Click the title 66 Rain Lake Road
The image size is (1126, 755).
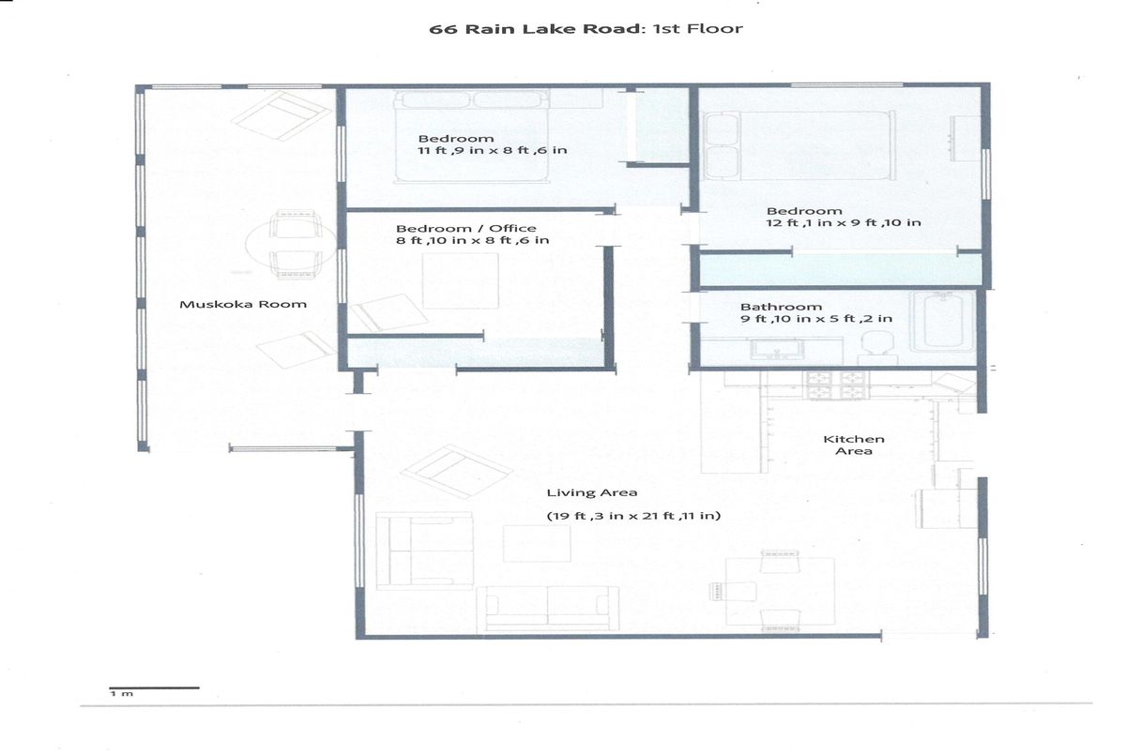pyautogui.click(x=535, y=29)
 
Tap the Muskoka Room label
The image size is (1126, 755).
pyautogui.click(x=243, y=304)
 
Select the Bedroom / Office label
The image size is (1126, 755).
pyautogui.click(x=466, y=228)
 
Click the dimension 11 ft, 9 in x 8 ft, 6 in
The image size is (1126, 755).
pyautogui.click(x=493, y=150)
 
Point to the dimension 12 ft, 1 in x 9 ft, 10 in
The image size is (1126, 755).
pyautogui.click(x=844, y=222)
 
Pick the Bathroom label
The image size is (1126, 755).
pyautogui.click(x=781, y=307)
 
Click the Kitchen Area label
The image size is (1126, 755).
pyautogui.click(x=854, y=445)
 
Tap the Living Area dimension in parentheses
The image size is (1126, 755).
pyautogui.click(x=633, y=516)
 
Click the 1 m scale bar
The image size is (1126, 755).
pyautogui.click(x=154, y=687)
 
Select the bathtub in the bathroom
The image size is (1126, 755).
pyautogui.click(x=942, y=321)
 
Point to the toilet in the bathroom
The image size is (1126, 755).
pyautogui.click(x=877, y=347)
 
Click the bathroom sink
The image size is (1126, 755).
pyautogui.click(x=777, y=349)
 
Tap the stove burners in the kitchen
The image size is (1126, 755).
pyautogui.click(x=837, y=385)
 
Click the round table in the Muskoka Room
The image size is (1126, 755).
pyautogui.click(x=291, y=244)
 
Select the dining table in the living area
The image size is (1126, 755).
pyautogui.click(x=780, y=591)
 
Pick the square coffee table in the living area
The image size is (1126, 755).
pyautogui.click(x=537, y=544)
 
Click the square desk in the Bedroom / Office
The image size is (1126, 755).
pyautogui.click(x=460, y=280)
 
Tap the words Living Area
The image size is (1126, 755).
pyautogui.click(x=592, y=492)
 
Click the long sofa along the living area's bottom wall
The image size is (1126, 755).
pyautogui.click(x=548, y=609)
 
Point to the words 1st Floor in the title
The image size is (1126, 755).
pyautogui.click(x=698, y=29)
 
